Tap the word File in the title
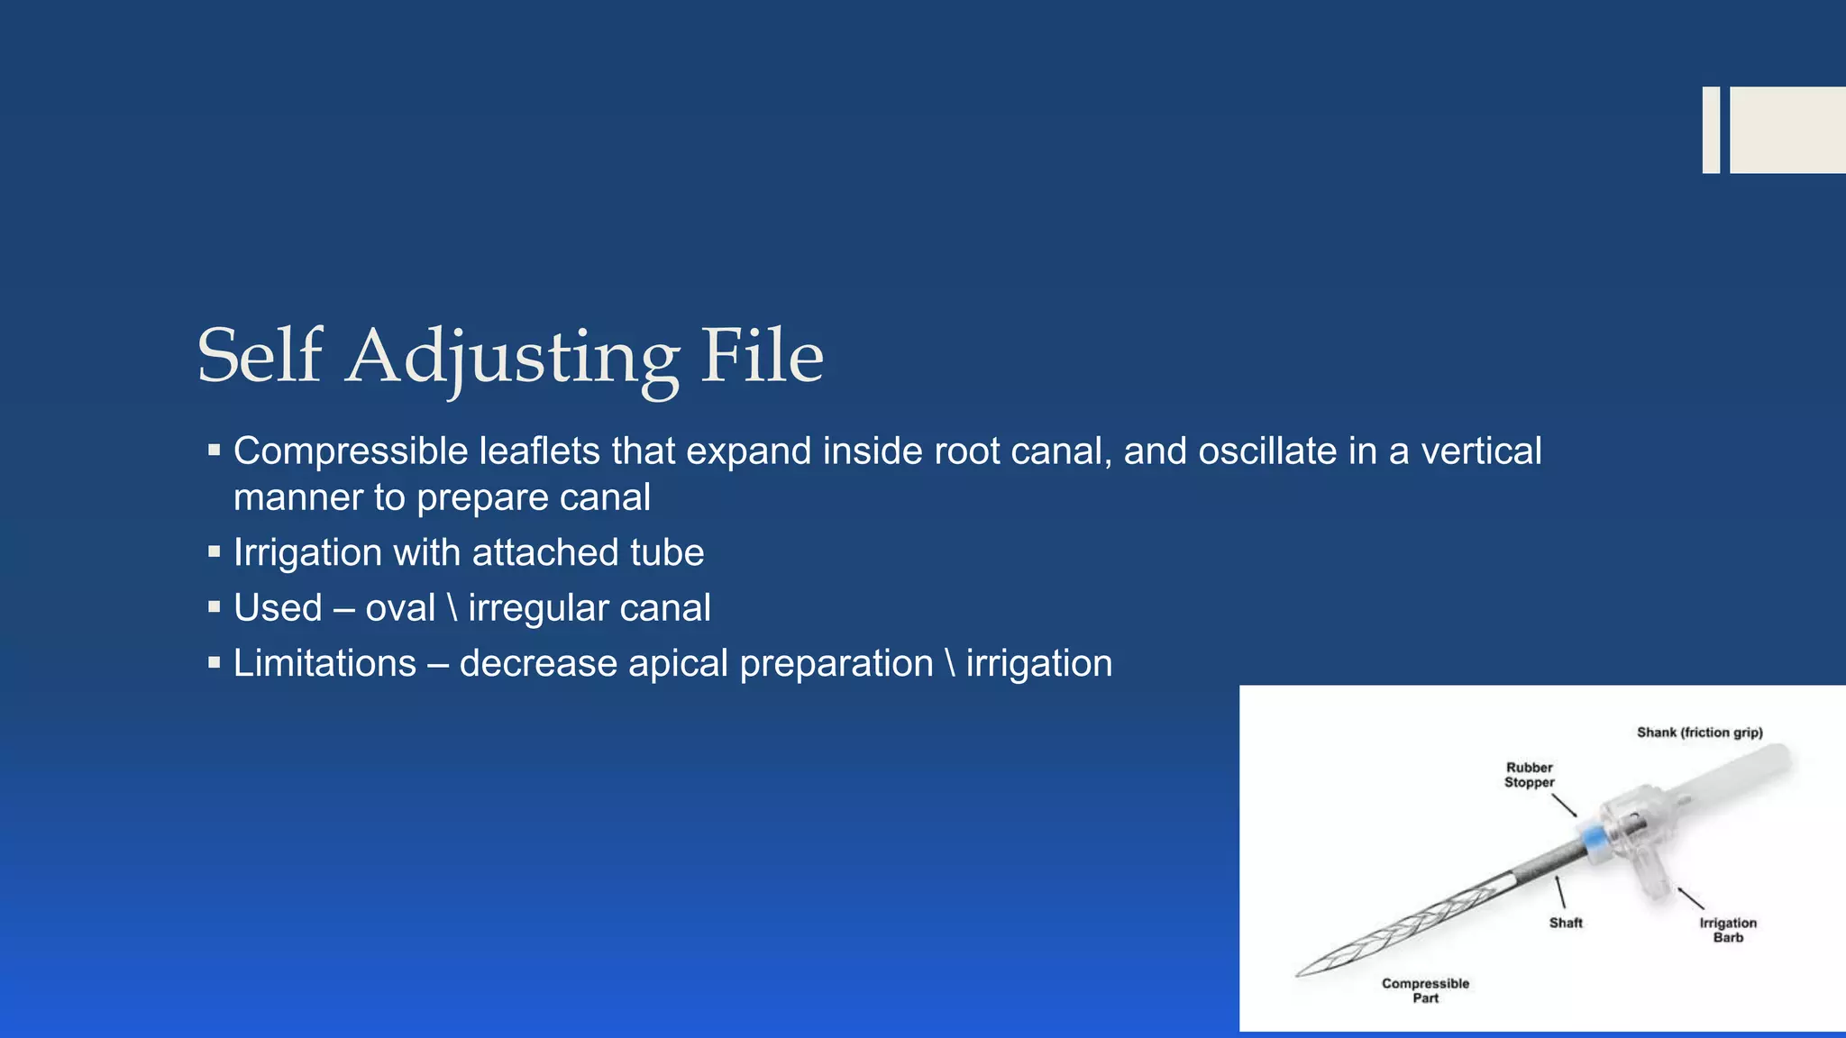762,356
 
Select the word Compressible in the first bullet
351,451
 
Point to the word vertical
1481,451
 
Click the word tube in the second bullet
667,552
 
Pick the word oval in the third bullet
400,608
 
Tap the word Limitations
324,664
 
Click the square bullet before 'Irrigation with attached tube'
214,551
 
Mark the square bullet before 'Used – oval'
214,607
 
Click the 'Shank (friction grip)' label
1699,733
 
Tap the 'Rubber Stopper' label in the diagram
1529,775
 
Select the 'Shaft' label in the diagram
1566,923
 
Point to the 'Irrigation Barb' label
1728,930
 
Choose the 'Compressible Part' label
1425,990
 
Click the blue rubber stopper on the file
1594,840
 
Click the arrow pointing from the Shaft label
1560,892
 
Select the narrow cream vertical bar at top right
1711,130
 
